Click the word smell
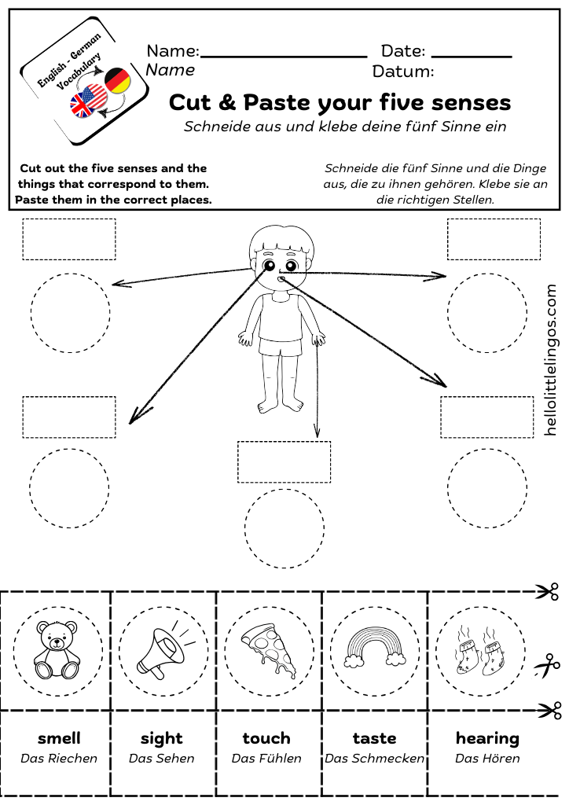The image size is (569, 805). click(59, 738)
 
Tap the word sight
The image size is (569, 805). click(161, 738)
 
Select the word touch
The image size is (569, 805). click(266, 738)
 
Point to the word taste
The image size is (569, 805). click(374, 738)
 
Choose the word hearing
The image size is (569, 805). click(487, 738)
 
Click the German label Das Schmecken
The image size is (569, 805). click(374, 759)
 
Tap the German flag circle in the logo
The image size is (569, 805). click(117, 80)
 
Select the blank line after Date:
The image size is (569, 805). click(472, 56)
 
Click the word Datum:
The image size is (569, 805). click(402, 72)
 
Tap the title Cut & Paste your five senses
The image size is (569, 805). click(340, 102)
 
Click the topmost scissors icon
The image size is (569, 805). click(548, 592)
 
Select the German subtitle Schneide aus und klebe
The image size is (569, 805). click(345, 126)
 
